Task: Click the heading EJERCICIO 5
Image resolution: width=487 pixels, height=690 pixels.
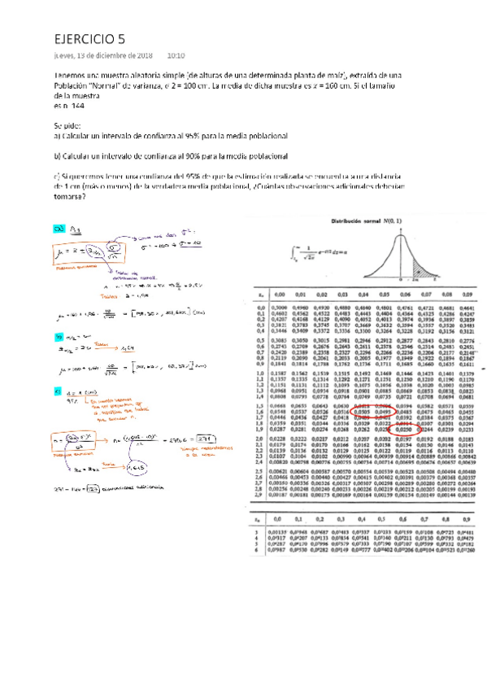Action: click(x=89, y=38)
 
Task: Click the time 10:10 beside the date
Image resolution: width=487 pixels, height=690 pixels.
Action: click(x=176, y=56)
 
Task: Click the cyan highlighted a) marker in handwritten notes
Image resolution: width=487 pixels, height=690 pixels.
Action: click(x=59, y=229)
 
